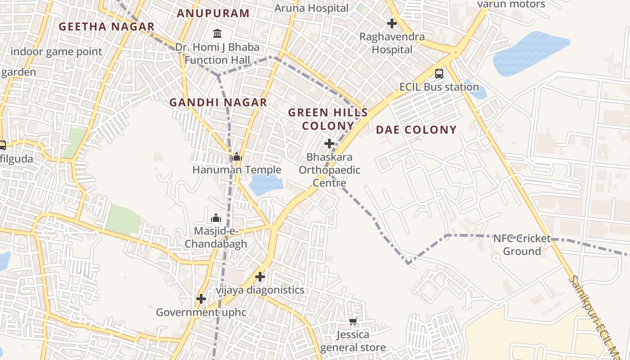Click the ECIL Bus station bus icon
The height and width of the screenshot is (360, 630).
point(439,74)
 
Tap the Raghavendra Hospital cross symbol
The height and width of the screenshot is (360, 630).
point(392,23)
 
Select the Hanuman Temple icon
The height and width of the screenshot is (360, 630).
point(236,157)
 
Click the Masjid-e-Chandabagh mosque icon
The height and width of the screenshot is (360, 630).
point(216,218)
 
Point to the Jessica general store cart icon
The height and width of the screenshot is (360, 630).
point(353,321)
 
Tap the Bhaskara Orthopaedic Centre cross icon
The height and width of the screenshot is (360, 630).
point(329,144)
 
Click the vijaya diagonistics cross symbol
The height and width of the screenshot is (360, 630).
point(260,277)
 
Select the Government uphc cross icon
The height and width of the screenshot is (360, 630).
point(201,299)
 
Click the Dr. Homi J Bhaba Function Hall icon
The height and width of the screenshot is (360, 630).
point(217,34)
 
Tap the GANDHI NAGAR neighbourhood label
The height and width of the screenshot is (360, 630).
point(218,103)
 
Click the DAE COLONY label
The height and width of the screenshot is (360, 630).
point(416,130)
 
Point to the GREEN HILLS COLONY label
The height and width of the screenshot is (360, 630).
point(328,119)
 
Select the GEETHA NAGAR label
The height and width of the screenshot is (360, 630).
point(107,27)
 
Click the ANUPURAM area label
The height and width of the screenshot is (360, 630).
point(213,13)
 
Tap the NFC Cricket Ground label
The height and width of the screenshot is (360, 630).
point(522,245)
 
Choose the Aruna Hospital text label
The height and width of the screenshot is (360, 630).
point(311,8)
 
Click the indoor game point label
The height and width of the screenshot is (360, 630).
point(56,51)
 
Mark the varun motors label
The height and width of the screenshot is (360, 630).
point(511,4)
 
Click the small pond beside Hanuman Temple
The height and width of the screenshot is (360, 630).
point(265,184)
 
